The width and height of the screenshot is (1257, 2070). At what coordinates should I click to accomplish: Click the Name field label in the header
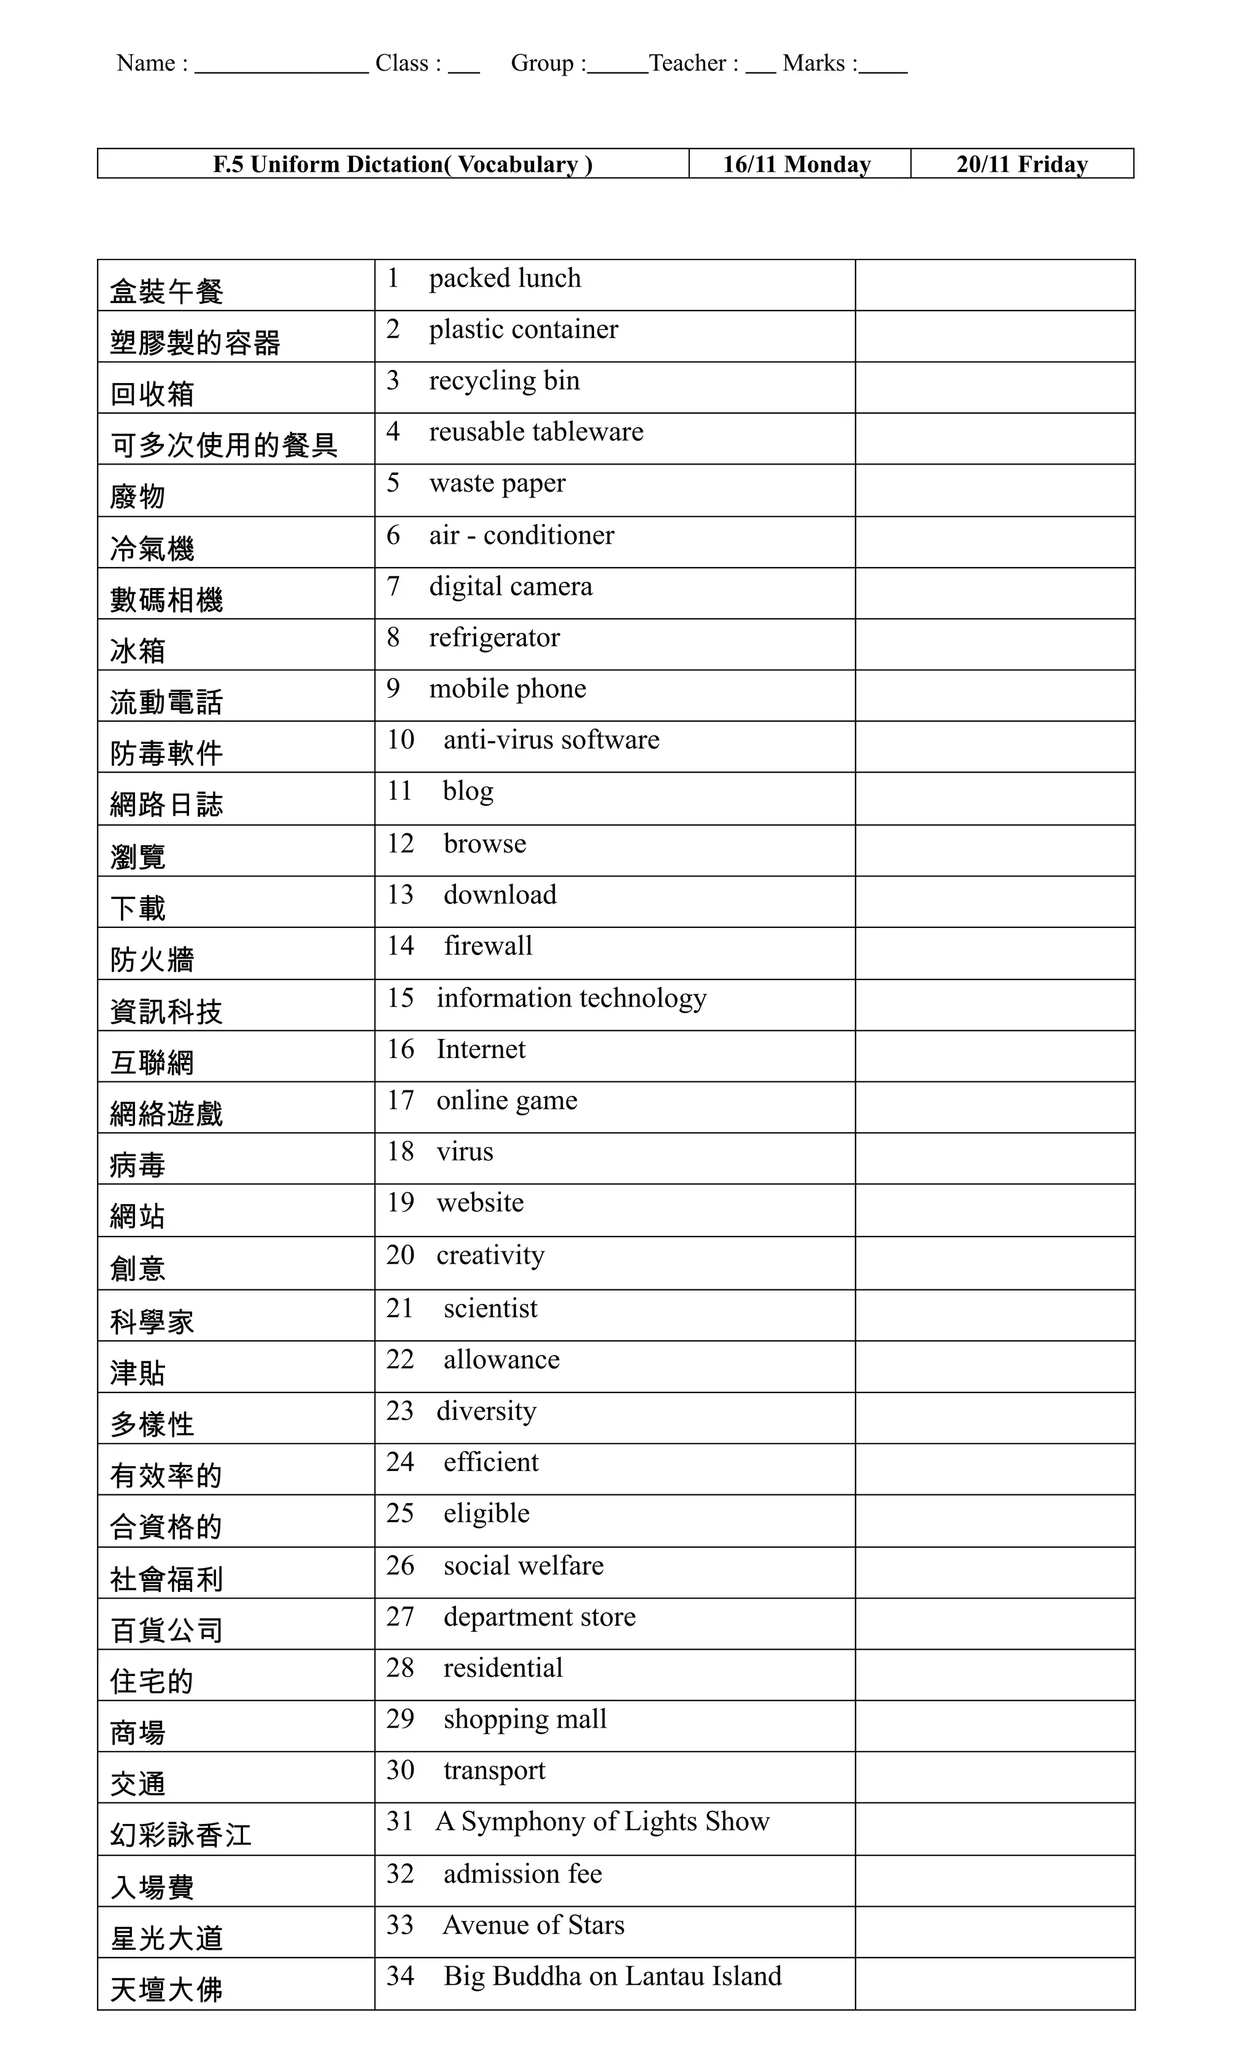click(151, 63)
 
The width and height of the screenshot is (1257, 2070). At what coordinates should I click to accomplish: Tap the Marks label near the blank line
click(819, 63)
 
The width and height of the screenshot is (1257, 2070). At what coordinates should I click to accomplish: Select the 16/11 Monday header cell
click(797, 164)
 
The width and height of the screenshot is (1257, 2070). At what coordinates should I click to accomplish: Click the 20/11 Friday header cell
click(1022, 164)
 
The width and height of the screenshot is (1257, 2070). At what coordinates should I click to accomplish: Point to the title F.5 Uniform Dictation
click(403, 164)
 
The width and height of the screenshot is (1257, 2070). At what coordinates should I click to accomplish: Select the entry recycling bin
click(504, 380)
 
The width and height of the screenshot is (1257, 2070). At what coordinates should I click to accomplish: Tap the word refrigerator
click(494, 638)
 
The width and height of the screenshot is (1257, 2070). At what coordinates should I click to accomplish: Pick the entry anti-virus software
click(551, 740)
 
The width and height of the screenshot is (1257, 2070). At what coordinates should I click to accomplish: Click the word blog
click(468, 792)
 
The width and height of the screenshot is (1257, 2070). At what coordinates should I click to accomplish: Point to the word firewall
click(488, 946)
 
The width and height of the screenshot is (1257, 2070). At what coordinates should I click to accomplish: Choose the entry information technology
click(571, 998)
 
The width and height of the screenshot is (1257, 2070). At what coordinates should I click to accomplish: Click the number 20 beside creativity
click(400, 1255)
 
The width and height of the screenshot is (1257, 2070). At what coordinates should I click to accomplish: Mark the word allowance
click(501, 1359)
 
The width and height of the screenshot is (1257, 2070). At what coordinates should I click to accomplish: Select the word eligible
click(487, 1513)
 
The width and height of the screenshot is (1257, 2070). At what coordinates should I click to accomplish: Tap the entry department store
click(540, 1616)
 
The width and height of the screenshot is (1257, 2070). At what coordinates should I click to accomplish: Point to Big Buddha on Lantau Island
click(613, 1976)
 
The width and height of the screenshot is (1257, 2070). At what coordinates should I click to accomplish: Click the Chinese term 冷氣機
click(152, 549)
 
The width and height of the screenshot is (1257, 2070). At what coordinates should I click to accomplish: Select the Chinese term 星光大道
click(166, 1938)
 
